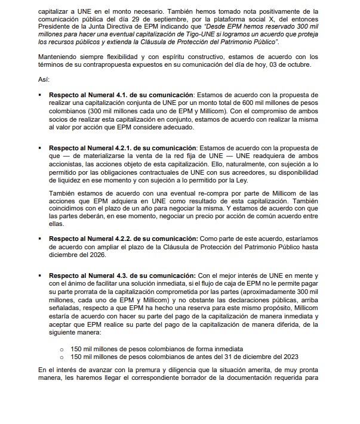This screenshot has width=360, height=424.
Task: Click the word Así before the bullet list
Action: point(43,79)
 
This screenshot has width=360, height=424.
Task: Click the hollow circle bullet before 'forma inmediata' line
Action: point(61,348)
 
